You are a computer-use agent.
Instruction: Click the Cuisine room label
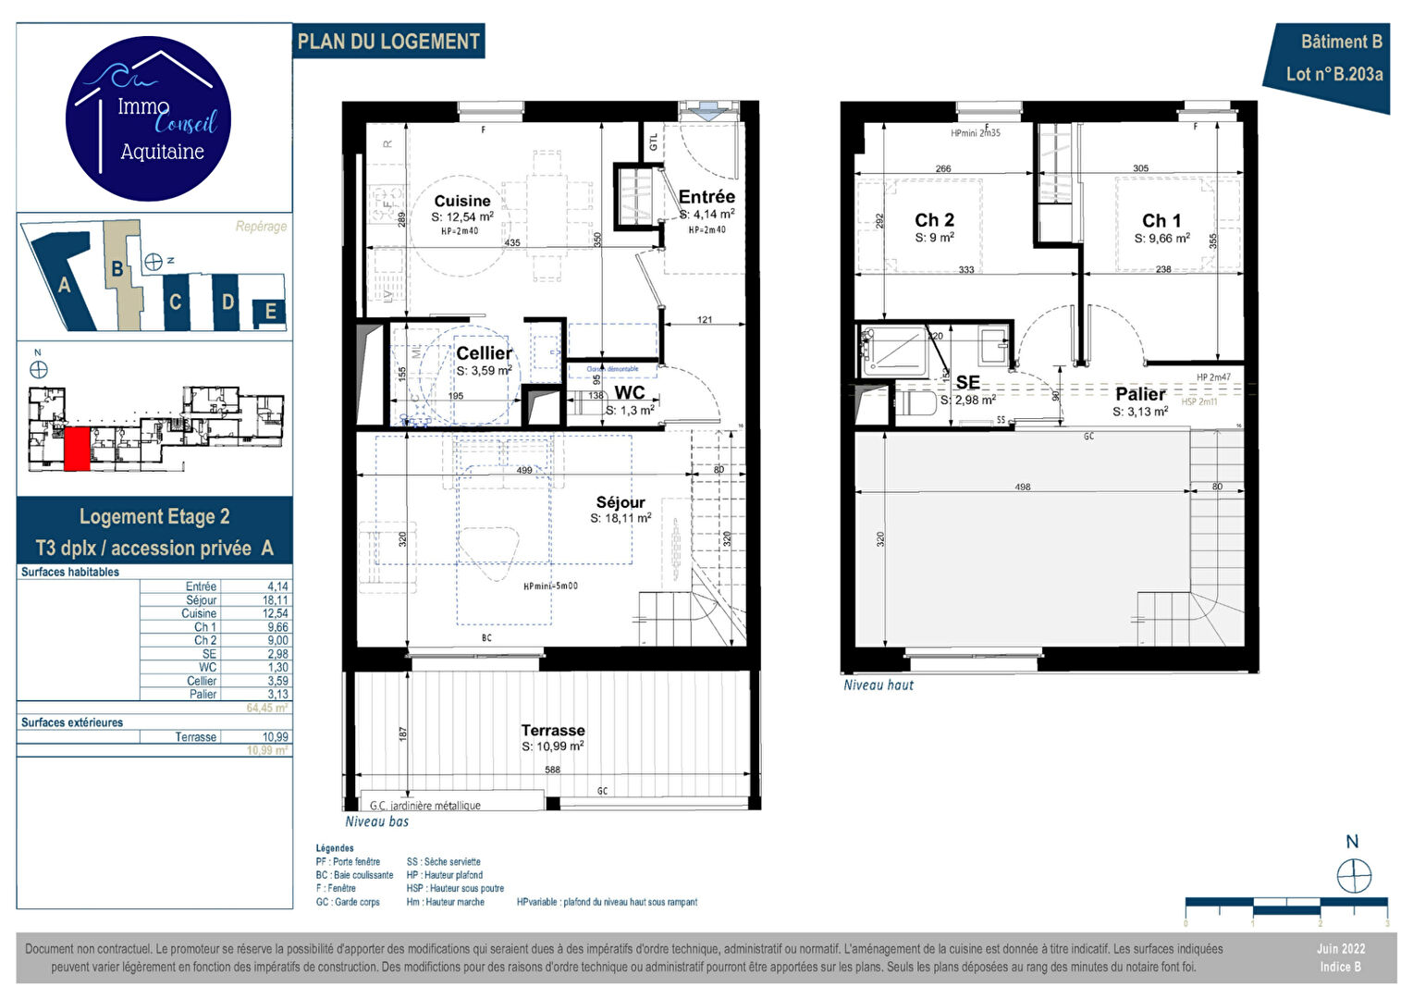coord(462,201)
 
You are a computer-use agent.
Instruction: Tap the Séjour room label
coord(620,502)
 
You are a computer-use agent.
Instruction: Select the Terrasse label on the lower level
coord(552,730)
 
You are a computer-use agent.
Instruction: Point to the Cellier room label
coord(484,352)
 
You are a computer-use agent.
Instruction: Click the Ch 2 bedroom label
coord(934,220)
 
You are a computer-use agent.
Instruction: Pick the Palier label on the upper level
coord(1140,394)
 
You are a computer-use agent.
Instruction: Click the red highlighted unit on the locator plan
coord(77,449)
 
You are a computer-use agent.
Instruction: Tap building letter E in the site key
coord(270,312)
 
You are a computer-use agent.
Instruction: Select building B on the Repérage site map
coord(117,269)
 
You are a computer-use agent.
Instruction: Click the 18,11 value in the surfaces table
coord(275,600)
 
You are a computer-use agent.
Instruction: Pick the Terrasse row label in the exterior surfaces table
coord(196,737)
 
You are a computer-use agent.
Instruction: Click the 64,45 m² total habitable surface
coord(266,709)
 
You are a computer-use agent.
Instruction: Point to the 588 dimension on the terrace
coord(552,770)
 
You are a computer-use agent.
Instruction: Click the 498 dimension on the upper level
coord(1022,487)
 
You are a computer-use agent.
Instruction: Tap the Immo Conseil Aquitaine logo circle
coord(149,118)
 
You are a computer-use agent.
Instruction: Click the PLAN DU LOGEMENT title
coord(388,42)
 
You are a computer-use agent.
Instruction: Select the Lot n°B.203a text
coord(1333,74)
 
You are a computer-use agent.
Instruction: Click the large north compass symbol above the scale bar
coord(1354,874)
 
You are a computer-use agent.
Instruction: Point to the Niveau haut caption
coord(878,685)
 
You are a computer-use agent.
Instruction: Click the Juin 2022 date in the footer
coord(1340,949)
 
